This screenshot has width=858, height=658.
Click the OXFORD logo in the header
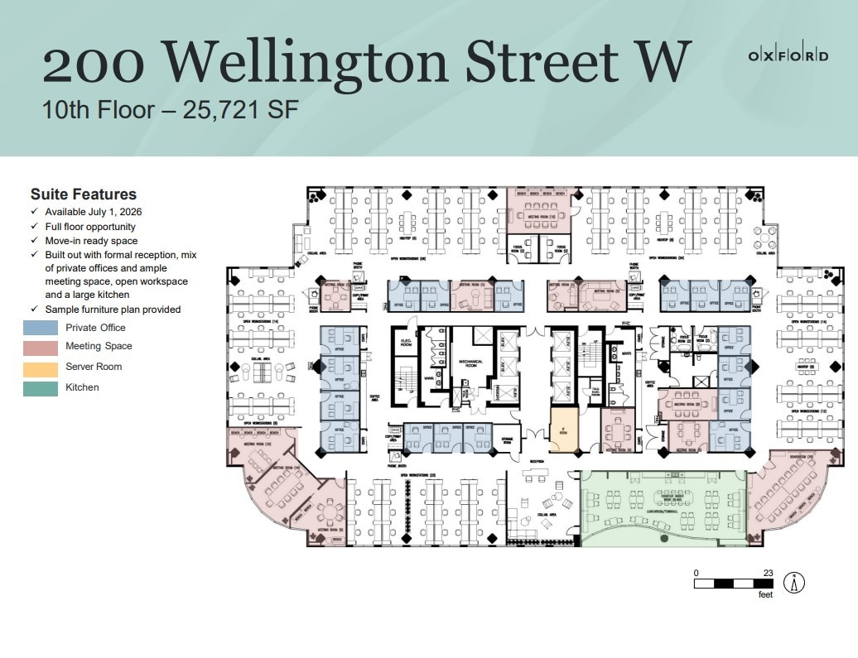point(788,55)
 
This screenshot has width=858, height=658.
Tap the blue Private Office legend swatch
point(40,328)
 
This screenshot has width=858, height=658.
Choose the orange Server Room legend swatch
point(40,367)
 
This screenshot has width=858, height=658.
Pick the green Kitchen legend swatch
point(40,387)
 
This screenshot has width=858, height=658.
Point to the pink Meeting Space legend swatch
point(40,347)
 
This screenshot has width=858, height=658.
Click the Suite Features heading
point(83,195)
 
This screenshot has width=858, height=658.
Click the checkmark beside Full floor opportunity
point(34,227)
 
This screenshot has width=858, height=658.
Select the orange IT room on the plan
point(565,430)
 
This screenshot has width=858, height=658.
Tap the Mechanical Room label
point(470,363)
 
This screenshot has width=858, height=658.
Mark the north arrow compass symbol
point(794,583)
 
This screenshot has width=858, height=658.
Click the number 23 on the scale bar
point(768,572)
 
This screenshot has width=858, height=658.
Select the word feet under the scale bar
point(764,594)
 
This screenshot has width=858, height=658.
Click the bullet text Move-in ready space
point(91,241)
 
